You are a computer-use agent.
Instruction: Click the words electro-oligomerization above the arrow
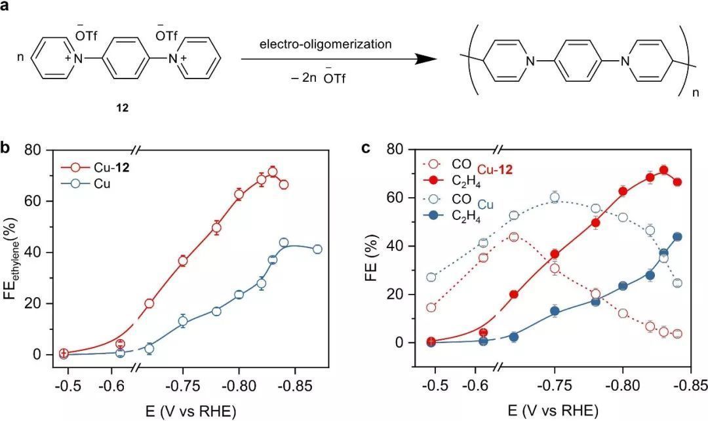(325, 45)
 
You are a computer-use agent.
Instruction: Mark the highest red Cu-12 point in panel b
(273, 172)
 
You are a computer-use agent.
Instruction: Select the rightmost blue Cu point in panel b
(317, 249)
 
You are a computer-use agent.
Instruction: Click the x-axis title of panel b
(183, 411)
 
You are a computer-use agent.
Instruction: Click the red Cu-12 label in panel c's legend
(495, 170)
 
